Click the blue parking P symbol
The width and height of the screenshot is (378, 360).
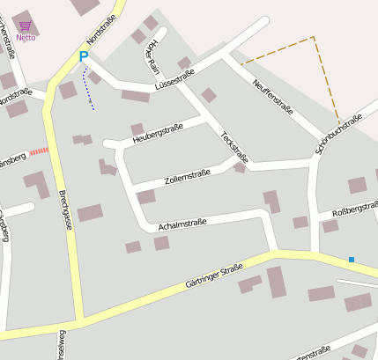[84, 57]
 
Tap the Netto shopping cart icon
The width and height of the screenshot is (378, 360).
[25, 26]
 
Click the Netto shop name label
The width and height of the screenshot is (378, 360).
[26, 37]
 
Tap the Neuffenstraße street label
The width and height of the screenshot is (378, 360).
[272, 96]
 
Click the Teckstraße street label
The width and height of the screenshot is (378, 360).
[234, 147]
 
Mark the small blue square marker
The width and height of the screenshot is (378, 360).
[351, 260]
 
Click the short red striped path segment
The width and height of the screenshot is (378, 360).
[39, 151]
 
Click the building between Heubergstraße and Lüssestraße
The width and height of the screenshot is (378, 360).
[137, 129]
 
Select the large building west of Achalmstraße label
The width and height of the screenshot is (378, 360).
[90, 212]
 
